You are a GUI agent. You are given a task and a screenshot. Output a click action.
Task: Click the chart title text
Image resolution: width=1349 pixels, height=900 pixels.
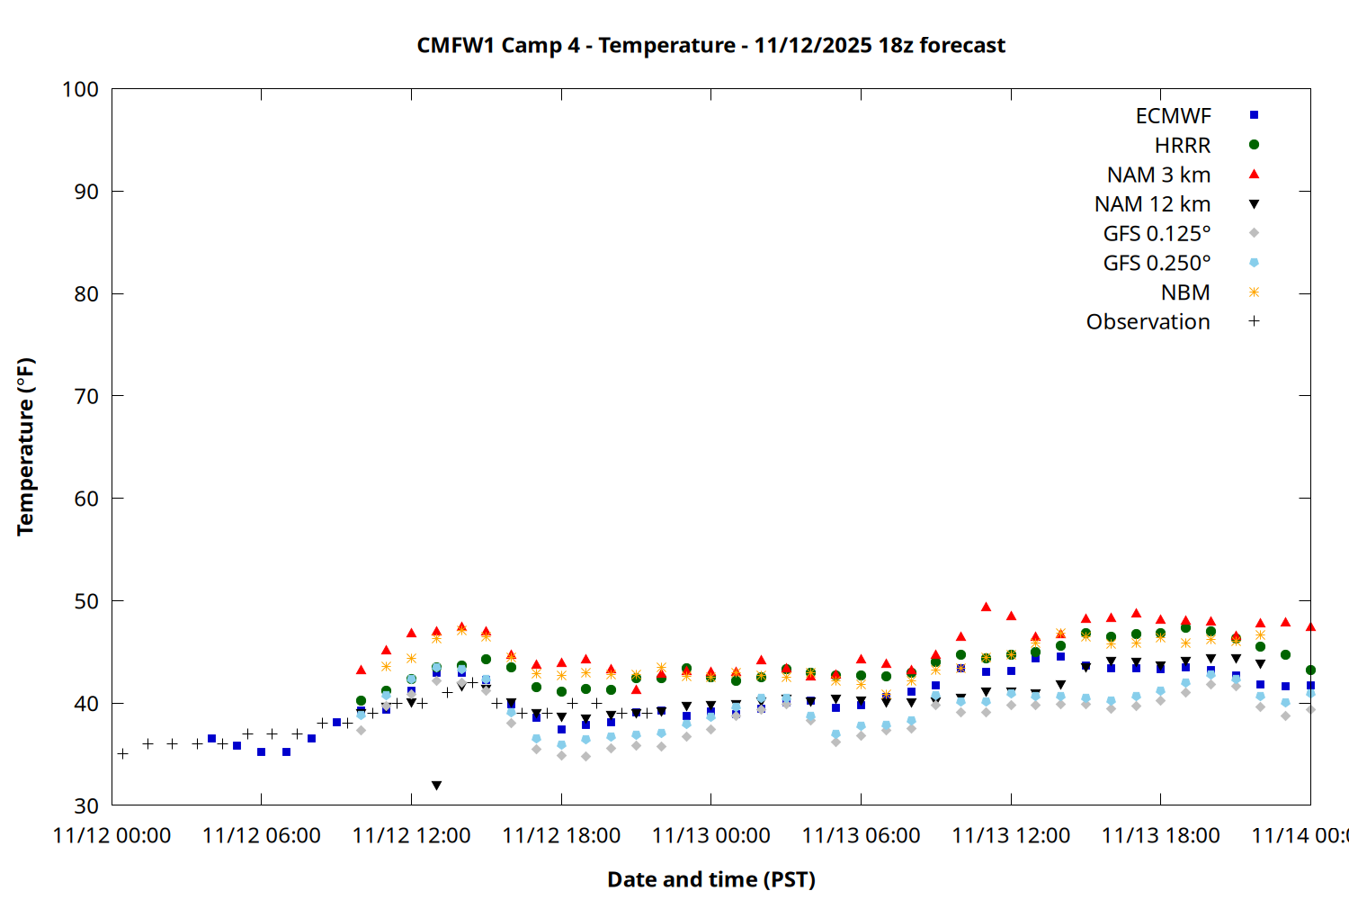(710, 45)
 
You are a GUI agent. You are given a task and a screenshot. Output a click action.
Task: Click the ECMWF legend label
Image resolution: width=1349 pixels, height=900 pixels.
(1173, 116)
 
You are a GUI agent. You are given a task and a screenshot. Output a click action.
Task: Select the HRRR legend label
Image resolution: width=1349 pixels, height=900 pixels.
(1183, 146)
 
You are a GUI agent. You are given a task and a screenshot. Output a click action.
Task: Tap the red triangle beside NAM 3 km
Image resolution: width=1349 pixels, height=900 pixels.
(1254, 175)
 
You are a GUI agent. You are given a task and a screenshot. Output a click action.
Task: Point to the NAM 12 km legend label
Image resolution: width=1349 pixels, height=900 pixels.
(1152, 204)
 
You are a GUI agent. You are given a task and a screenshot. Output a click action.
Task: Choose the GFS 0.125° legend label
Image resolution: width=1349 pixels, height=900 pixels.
(1157, 234)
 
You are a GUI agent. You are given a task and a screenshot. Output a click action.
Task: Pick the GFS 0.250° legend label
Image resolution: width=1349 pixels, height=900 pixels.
(1157, 264)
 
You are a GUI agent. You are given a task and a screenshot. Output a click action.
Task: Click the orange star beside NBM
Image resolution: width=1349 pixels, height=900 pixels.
(1254, 292)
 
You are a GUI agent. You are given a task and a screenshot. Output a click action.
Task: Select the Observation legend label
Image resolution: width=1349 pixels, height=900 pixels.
(1148, 322)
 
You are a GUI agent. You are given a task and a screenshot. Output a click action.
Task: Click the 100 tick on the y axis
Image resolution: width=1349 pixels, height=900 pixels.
(80, 89)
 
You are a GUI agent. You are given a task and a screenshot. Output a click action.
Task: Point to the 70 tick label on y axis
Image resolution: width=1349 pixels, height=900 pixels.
(86, 396)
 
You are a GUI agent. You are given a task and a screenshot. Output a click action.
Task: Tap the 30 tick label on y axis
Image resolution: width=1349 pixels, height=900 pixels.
(86, 805)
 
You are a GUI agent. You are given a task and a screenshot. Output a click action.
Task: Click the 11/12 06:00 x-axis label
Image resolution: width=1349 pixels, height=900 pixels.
(262, 836)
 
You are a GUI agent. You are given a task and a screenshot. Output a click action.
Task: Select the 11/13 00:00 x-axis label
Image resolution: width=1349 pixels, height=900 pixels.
(711, 836)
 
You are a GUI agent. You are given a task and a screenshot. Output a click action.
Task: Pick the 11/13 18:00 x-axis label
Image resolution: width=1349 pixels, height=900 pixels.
(1160, 836)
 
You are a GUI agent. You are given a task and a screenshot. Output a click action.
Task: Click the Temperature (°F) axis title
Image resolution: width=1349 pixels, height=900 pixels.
(25, 446)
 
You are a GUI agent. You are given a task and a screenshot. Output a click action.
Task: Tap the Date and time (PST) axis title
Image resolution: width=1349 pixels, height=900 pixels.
(711, 879)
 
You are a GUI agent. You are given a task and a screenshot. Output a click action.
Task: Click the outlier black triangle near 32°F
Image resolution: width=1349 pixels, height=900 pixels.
(436, 786)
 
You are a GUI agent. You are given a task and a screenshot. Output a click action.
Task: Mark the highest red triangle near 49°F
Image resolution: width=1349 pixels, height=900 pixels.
(986, 607)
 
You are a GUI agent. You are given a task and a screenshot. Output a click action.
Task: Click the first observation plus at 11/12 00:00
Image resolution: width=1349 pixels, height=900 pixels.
(122, 753)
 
